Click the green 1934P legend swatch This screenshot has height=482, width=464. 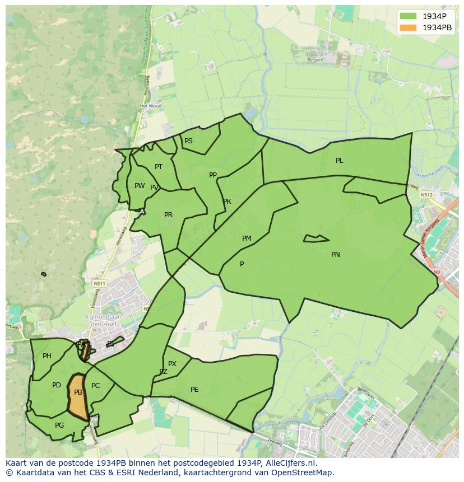(408, 16)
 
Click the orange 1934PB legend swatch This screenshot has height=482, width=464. (408, 27)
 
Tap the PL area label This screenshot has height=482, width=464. (340, 161)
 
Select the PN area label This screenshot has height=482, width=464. (336, 255)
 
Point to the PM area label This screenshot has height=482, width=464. (247, 238)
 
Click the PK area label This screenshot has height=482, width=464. (227, 202)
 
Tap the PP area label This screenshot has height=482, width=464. (213, 175)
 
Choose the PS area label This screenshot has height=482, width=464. (189, 141)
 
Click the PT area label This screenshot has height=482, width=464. (159, 167)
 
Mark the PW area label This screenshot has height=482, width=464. (140, 186)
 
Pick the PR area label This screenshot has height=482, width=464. (169, 215)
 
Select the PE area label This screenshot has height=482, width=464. (194, 390)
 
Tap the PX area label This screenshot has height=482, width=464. (173, 364)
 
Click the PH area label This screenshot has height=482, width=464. (47, 356)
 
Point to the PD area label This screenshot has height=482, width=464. (57, 385)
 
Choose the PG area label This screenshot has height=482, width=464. (59, 425)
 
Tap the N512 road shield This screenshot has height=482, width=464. (426, 195)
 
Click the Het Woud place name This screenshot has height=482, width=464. (151, 106)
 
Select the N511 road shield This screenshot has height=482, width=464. (100, 284)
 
